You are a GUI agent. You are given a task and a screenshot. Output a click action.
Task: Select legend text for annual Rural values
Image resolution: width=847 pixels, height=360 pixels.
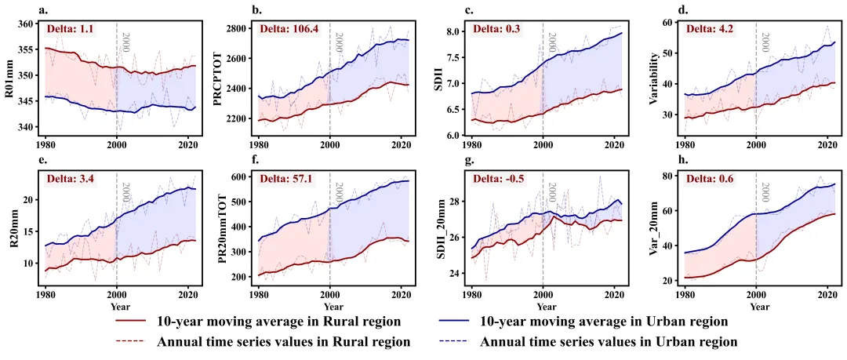tap(284, 342)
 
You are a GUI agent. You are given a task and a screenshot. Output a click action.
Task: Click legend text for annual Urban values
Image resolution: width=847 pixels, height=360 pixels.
tap(609, 342)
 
